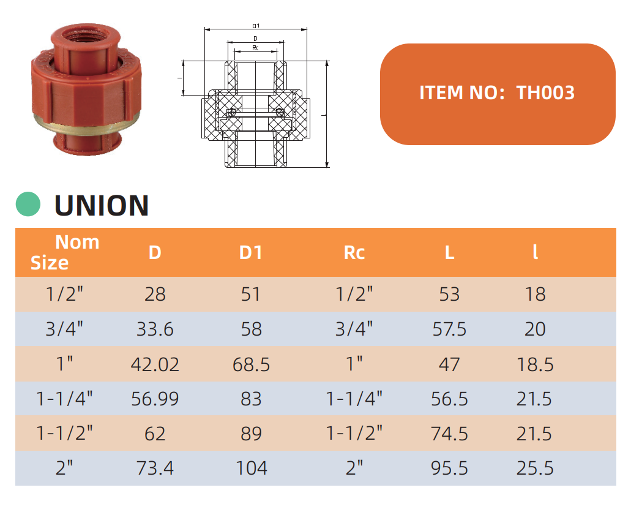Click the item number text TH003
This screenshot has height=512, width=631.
545,92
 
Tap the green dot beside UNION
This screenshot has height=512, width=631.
28,204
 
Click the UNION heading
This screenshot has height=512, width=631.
102,205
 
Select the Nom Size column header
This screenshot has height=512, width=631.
65,252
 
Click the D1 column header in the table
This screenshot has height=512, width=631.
251,252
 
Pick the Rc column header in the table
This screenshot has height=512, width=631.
354,252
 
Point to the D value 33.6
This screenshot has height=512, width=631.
155,329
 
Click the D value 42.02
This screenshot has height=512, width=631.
155,364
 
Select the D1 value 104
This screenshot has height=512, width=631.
251,468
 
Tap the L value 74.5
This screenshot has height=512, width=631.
449,434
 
